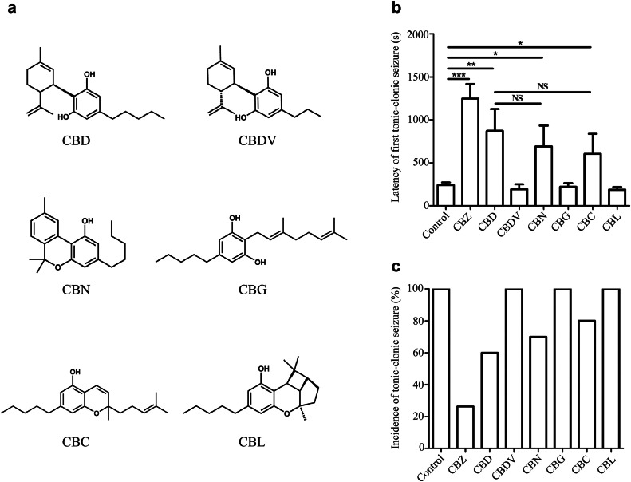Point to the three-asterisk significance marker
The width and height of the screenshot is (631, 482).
coord(459,75)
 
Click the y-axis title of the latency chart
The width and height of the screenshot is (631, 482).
coord(396,120)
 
